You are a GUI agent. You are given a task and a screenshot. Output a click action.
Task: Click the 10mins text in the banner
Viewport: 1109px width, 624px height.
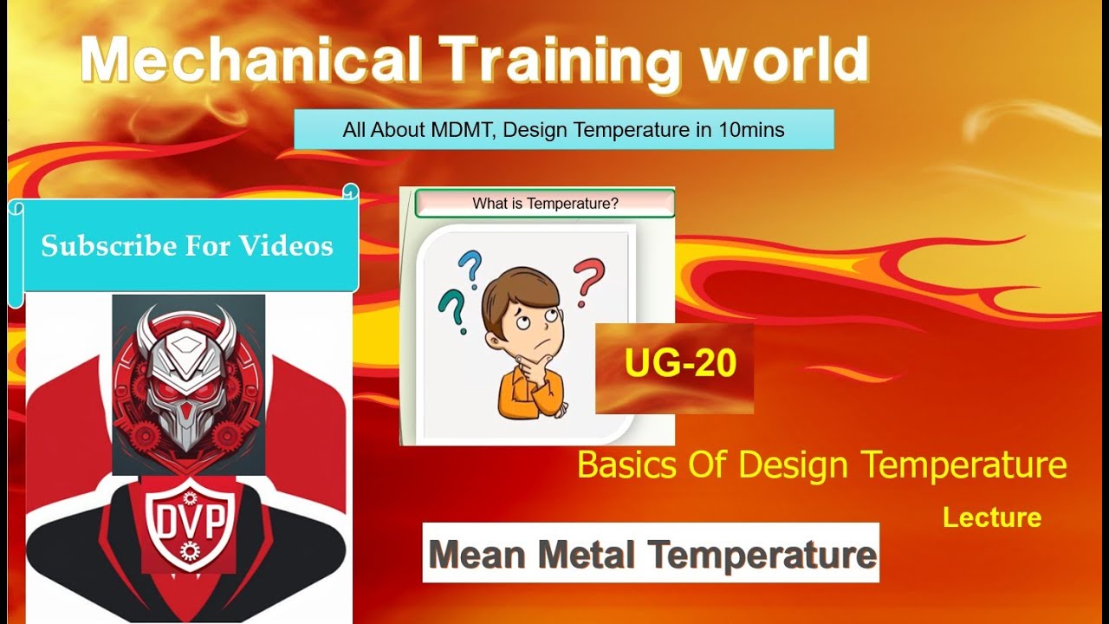tap(751, 130)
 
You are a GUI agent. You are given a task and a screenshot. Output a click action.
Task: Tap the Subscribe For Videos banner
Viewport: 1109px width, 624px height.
tap(186, 246)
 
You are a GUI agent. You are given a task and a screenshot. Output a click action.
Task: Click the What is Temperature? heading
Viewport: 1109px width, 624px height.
tap(545, 205)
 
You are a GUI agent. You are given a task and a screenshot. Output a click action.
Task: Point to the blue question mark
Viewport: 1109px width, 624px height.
tap(470, 268)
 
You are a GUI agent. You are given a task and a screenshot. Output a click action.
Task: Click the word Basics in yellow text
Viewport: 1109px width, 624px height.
tap(626, 465)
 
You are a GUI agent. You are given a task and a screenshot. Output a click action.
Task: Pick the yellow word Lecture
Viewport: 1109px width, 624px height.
tap(991, 518)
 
